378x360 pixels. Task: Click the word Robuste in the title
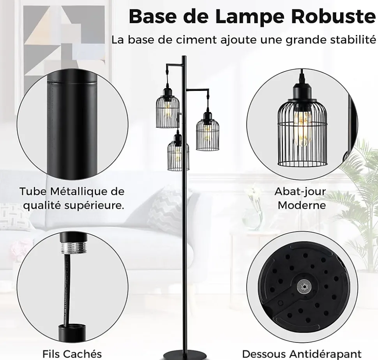point(334,16)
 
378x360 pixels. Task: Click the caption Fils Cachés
point(72,354)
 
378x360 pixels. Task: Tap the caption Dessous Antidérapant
point(302,354)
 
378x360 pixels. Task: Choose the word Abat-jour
point(300,192)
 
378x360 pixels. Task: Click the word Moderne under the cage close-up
point(302,205)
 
